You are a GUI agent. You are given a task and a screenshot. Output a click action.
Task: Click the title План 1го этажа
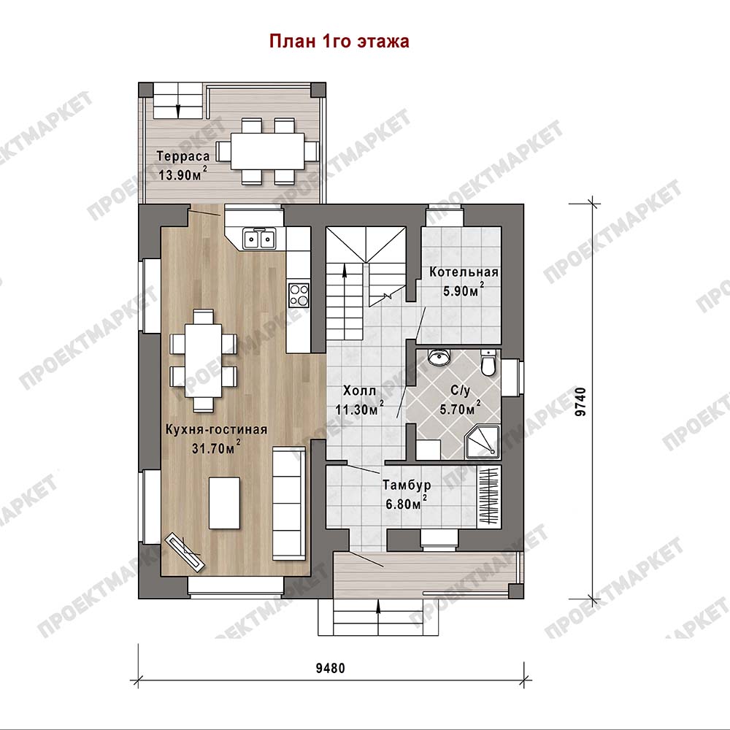339,41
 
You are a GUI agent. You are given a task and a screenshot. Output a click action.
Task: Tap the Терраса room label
183,156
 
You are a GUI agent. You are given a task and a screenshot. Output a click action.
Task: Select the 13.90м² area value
182,174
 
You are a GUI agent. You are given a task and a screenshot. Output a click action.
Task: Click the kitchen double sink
259,239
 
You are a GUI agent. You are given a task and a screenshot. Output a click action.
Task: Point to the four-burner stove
299,295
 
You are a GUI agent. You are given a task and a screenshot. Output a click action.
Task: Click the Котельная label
464,272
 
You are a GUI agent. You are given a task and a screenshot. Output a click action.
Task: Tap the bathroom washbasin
439,357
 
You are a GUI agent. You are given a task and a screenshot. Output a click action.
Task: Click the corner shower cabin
483,442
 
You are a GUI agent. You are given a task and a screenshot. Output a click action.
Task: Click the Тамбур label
407,485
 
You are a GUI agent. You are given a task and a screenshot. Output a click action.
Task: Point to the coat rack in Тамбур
489,496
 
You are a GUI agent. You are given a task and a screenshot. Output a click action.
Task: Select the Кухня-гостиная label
217,429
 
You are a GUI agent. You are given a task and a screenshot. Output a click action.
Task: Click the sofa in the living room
289,503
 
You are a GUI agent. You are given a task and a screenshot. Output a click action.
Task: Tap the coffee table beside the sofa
225,503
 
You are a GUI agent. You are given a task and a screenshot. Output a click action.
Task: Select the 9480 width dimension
331,668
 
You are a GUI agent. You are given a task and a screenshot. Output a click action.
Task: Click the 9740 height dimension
580,401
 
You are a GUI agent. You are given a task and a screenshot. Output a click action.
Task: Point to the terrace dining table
268,151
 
